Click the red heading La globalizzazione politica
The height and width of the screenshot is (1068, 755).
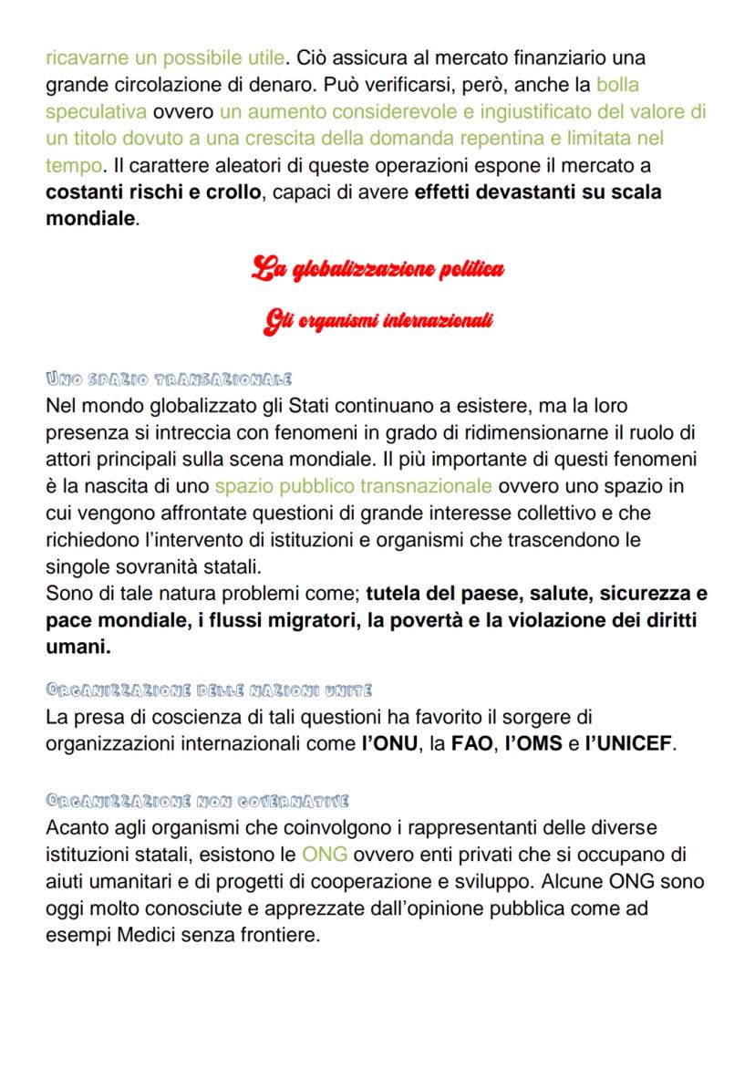(377, 270)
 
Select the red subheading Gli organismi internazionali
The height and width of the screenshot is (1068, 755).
(377, 321)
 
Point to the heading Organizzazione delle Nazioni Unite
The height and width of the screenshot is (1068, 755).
(209, 690)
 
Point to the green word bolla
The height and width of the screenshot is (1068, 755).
(617, 86)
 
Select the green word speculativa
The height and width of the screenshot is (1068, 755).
(96, 112)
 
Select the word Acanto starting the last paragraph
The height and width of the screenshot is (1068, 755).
(79, 828)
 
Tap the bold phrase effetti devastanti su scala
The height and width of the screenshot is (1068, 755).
(537, 193)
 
